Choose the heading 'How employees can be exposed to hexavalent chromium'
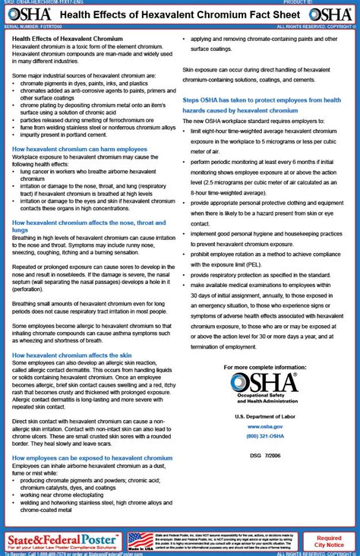point(92,458)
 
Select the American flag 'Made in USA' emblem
point(140,542)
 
